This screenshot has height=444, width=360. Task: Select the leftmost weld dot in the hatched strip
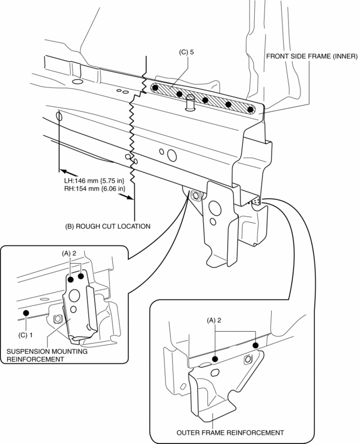coord(155,88)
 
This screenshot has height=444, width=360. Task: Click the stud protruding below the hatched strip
coord(189,101)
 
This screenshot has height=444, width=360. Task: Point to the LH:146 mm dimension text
coord(94,181)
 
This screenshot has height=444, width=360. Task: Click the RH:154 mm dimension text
coord(95,188)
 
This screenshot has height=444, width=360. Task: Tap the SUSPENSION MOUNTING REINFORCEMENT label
coord(37,355)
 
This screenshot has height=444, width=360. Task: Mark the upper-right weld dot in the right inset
coord(255,345)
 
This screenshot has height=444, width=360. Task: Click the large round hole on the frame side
coord(172,156)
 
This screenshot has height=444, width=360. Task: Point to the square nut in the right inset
coord(248,359)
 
